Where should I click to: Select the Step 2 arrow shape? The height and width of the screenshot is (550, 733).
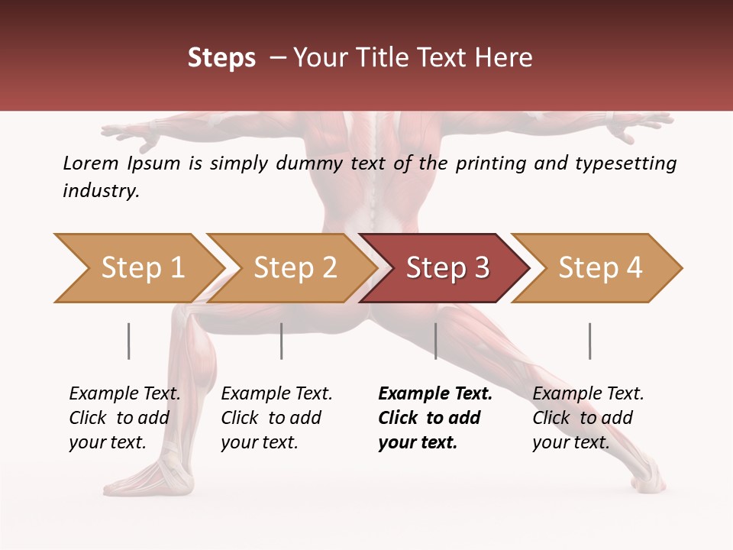[295, 268]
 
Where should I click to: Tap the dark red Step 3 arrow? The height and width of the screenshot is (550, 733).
[447, 268]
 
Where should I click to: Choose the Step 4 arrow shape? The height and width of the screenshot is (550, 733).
[600, 268]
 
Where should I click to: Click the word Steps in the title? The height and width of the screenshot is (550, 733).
[221, 57]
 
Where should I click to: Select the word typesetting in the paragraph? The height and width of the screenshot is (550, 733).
[622, 163]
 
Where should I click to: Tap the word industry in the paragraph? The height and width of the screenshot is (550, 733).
[100, 191]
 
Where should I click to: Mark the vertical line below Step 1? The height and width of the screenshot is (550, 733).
[129, 341]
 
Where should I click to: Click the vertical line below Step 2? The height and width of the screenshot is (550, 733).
[282, 341]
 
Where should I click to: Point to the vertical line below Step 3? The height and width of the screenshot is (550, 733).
[435, 341]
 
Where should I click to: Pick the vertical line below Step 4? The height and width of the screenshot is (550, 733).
[589, 341]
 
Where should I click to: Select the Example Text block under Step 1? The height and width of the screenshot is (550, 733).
[124, 418]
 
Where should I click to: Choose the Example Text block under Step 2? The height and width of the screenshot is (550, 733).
[276, 418]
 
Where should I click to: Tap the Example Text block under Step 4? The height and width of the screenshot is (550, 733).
[588, 418]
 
